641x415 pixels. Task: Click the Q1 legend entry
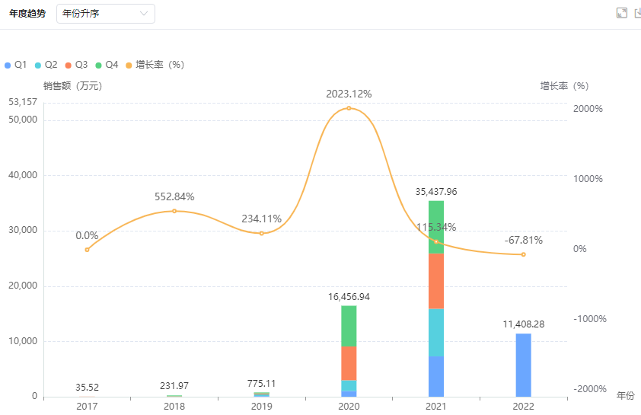[16, 65]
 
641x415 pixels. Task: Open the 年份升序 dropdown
[106, 14]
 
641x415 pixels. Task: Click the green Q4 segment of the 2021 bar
[436, 227]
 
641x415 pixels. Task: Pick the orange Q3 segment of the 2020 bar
[349, 362]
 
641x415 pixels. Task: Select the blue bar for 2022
[523, 365]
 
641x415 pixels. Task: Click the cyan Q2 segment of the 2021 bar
[436, 332]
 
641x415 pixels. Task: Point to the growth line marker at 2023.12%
[349, 108]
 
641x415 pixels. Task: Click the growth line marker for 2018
[174, 211]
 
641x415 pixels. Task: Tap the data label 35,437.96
[436, 192]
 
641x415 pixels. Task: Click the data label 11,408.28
[523, 324]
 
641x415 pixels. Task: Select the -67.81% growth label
[523, 241]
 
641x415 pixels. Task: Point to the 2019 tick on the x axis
[261, 407]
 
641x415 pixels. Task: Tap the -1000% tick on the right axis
[588, 319]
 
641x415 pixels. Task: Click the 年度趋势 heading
[27, 14]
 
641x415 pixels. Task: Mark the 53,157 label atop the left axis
[23, 102]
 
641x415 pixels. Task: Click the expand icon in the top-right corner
[621, 13]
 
